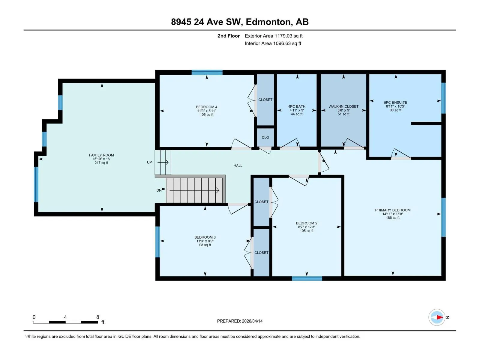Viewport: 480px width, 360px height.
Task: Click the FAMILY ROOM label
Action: click(101, 155)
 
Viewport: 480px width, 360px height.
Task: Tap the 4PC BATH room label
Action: click(297, 106)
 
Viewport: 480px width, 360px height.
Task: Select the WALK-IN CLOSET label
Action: click(343, 106)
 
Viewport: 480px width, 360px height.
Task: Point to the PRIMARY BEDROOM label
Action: click(393, 210)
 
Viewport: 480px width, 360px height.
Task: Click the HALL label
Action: click(238, 166)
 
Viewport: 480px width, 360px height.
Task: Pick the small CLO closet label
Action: click(265, 137)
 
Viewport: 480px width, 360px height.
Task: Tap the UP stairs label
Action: click(149, 162)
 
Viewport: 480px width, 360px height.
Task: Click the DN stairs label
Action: click(159, 190)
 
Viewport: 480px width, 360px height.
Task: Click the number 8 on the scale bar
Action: click(97, 317)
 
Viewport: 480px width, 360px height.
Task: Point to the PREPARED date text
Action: click(240, 321)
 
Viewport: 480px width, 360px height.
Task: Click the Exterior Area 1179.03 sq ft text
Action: click(274, 36)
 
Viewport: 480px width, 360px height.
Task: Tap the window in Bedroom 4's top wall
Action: click(207, 72)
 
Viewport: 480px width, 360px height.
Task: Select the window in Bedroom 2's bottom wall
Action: click(307, 278)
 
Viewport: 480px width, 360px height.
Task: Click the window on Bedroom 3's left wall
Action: click(157, 242)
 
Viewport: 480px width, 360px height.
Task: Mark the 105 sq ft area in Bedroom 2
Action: click(307, 231)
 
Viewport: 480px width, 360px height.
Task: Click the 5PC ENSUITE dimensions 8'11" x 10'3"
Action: click(395, 106)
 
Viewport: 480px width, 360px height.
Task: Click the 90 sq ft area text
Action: click(395, 110)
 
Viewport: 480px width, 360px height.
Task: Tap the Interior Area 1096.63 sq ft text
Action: click(273, 43)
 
